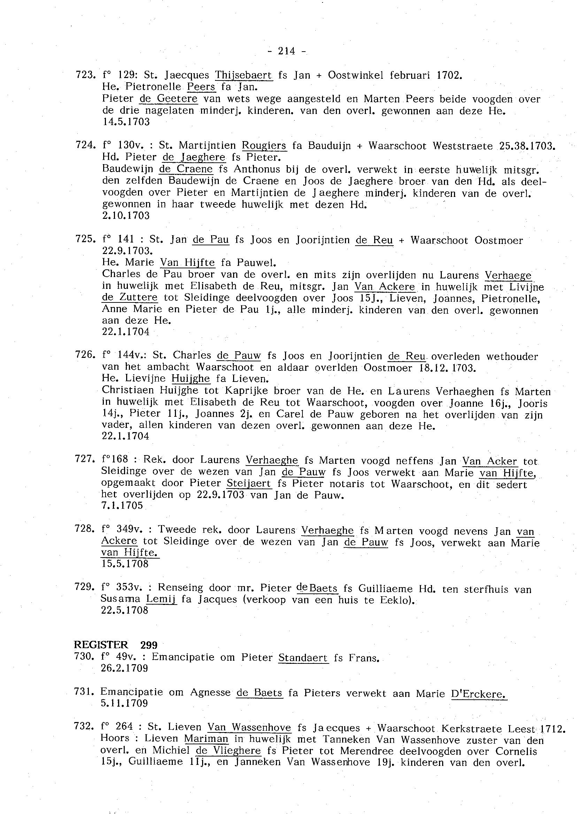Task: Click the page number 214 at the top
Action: pos(287,51)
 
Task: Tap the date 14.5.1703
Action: pos(126,122)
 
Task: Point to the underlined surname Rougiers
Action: pos(264,145)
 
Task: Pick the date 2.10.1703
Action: pos(126,216)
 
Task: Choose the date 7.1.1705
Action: pos(122,505)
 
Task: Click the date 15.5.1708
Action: pos(125,564)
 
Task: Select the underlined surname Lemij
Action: pos(161,599)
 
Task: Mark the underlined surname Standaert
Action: pos(303,658)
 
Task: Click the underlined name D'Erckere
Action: pos(479,693)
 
